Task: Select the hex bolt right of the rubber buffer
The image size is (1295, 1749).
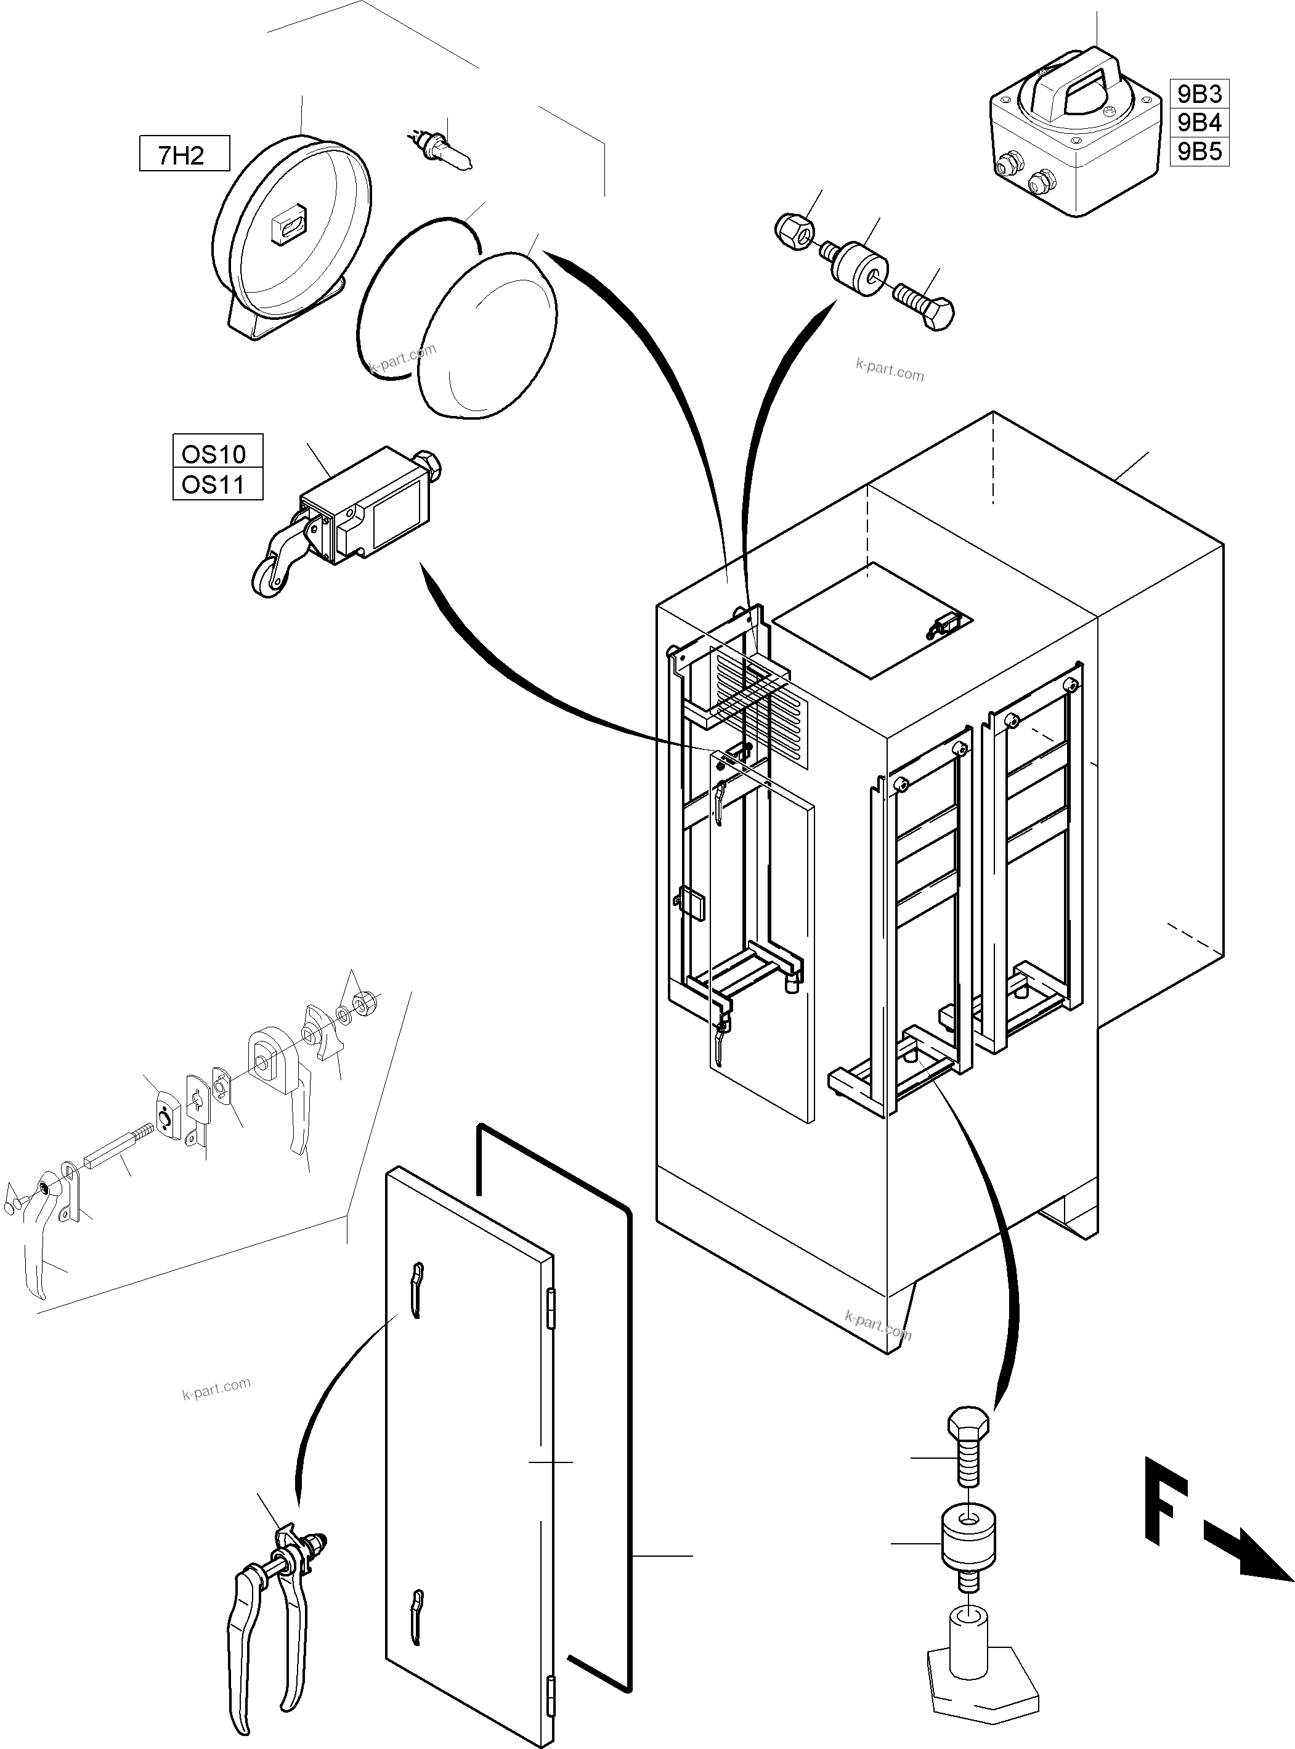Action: (925, 306)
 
